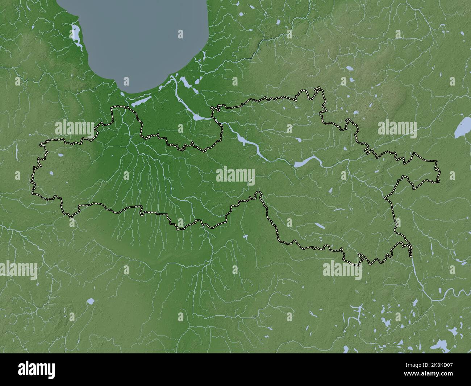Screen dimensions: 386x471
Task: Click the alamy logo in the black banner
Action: tap(36, 370)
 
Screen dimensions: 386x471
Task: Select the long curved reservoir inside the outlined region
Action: tap(308, 162)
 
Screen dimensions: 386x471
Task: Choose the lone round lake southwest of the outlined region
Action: tap(91, 301)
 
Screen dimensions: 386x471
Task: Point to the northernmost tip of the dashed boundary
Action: tap(319, 88)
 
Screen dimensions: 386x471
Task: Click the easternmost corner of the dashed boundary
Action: tap(439, 180)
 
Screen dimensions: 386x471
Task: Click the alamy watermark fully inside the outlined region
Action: tap(236, 176)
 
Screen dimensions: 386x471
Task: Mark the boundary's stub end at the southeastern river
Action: tap(411, 256)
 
